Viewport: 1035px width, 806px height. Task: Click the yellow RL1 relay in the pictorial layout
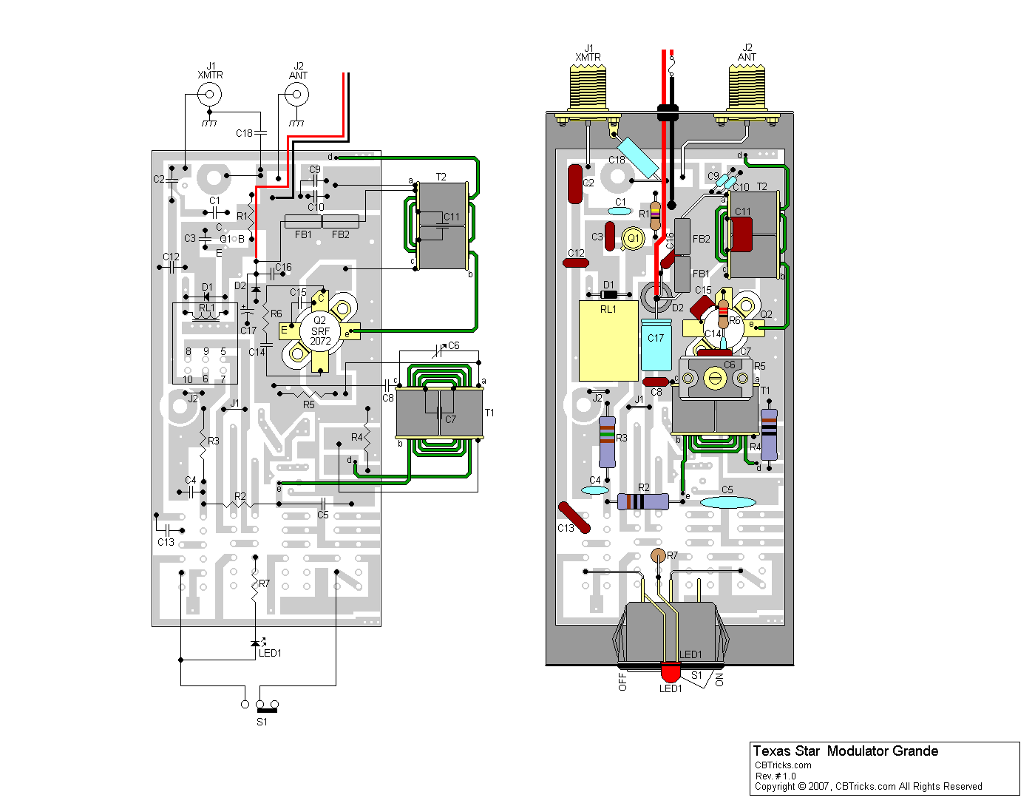pyautogui.click(x=608, y=341)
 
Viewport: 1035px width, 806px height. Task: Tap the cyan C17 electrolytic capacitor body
pyautogui.click(x=656, y=345)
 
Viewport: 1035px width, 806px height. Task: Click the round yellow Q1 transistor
pyautogui.click(x=633, y=238)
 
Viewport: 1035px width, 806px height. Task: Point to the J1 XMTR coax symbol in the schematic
pyautogui.click(x=209, y=95)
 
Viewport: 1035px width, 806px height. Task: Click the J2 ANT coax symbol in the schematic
pyautogui.click(x=296, y=95)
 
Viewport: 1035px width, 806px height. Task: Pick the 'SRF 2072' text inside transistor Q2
pyautogui.click(x=320, y=336)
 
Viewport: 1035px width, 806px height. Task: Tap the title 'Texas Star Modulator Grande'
pyautogui.click(x=845, y=751)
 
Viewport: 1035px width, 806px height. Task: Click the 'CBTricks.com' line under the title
pyautogui.click(x=783, y=765)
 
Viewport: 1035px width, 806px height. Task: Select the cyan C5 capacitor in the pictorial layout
pyautogui.click(x=727, y=502)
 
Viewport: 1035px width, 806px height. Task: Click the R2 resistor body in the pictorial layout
pyautogui.click(x=642, y=501)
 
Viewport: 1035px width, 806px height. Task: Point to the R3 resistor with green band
pyautogui.click(x=607, y=441)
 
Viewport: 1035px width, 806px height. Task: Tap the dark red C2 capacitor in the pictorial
pyautogui.click(x=575, y=184)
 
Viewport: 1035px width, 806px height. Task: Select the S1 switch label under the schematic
pyautogui.click(x=262, y=722)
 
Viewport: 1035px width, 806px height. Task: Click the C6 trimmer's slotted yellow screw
pyautogui.click(x=714, y=379)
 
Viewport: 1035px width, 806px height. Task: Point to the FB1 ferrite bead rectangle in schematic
pyautogui.click(x=303, y=222)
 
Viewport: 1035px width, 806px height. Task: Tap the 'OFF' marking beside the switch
pyautogui.click(x=622, y=682)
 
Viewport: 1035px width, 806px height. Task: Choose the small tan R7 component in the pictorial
pyautogui.click(x=658, y=555)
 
